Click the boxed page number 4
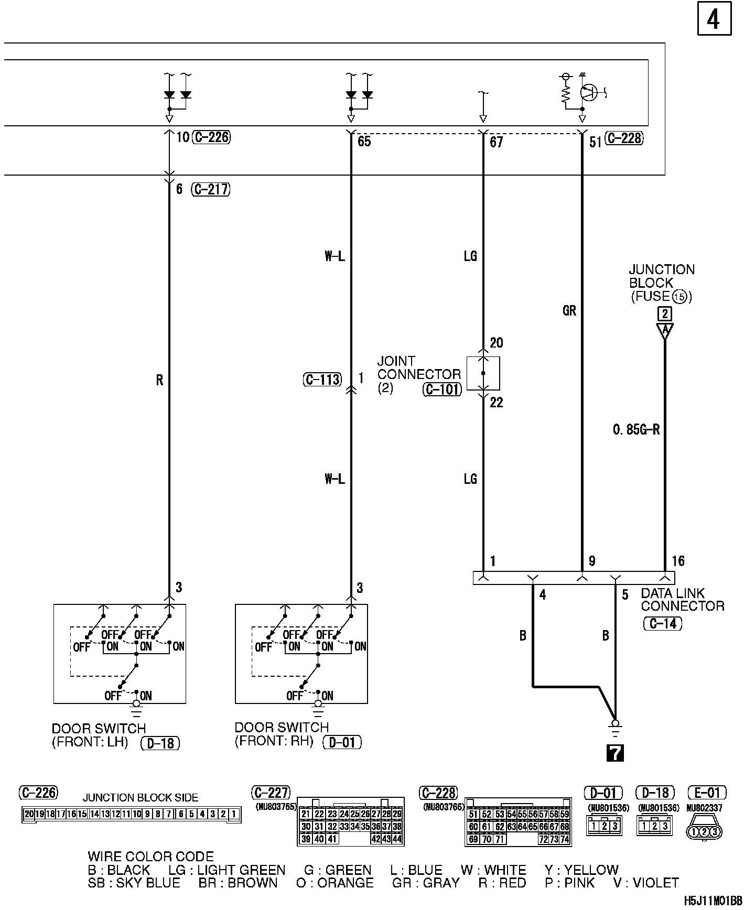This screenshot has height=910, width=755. coord(714,19)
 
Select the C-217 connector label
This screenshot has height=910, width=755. coord(211,189)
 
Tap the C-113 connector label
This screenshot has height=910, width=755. coord(322,380)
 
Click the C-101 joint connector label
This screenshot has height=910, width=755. coord(442,389)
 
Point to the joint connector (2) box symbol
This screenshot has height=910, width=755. coord(483,373)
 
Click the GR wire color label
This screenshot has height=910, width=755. coord(569,311)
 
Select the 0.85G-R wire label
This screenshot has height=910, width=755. coord(636,430)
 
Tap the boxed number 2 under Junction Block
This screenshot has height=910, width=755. coord(664,314)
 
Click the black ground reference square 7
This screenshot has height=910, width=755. coord(615,753)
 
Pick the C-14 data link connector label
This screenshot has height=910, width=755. coord(663,624)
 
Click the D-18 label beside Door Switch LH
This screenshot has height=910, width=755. coord(160,743)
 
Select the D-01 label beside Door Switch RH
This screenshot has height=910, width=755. coord(342,742)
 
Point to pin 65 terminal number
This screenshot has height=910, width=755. coord(364,142)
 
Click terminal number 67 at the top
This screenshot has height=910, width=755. coord(496,142)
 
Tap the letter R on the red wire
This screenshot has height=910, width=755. coord(159,380)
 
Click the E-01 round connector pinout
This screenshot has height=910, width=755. coord(704,831)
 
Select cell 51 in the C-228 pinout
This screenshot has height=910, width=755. coord(473,814)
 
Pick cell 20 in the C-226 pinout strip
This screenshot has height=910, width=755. coord(28,814)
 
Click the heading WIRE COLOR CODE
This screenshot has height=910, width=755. coord(150,857)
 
